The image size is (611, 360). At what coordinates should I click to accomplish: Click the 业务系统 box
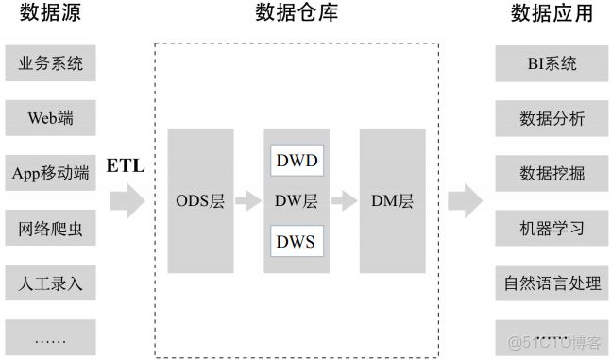click(50, 64)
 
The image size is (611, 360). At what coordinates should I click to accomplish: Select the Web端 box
click(50, 119)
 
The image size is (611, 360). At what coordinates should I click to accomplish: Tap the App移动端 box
click(50, 173)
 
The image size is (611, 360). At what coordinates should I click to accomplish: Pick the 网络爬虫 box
click(50, 228)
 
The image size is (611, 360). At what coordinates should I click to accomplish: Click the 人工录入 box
click(50, 282)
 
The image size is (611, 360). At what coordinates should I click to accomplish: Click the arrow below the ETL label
click(127, 200)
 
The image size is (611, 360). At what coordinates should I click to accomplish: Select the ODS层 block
click(200, 200)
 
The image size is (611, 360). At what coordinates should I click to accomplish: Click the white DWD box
click(297, 160)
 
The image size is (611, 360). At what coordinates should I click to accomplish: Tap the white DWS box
click(297, 241)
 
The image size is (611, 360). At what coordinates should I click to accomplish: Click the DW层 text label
click(297, 200)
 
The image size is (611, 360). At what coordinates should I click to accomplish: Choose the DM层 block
click(392, 200)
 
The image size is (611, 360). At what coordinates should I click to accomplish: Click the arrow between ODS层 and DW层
click(247, 200)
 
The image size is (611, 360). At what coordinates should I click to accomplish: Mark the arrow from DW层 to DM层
click(344, 200)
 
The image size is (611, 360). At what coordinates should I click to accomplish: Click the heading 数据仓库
click(297, 13)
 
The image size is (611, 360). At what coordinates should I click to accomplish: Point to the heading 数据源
click(50, 13)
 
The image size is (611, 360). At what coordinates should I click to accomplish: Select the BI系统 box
click(552, 64)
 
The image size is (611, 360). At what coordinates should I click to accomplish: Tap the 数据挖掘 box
click(552, 173)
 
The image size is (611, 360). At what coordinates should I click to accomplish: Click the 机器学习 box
click(552, 228)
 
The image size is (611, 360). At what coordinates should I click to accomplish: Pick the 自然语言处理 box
click(552, 282)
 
